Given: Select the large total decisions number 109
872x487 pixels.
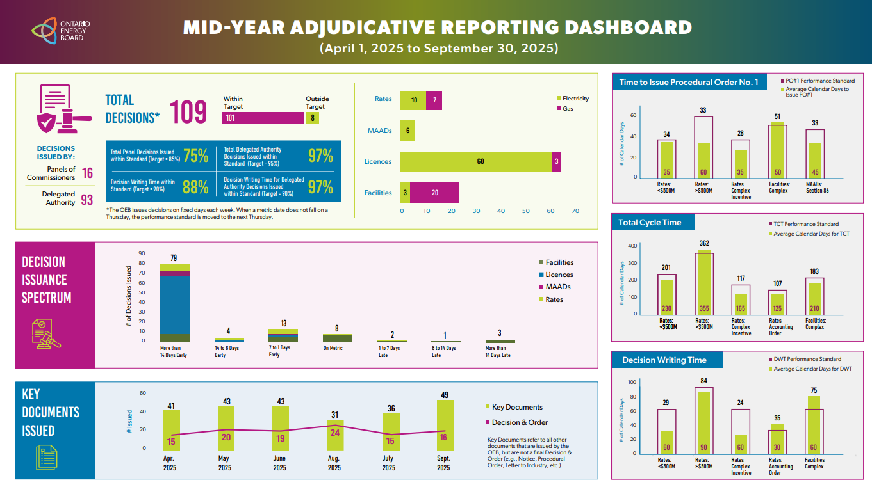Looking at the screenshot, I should pos(188,113).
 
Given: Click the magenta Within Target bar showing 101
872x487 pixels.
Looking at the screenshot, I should pos(263,118).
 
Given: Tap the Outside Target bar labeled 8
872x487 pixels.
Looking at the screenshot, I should pos(313,118).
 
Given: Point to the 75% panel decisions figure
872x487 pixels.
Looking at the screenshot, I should pos(195,156).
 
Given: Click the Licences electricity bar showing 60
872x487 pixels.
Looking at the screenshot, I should pos(476,161).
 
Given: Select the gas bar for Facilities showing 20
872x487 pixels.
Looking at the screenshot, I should pos(434,193).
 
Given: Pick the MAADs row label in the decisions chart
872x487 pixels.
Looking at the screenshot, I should pos(379,131).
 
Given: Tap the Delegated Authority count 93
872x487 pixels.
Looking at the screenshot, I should pos(86,200).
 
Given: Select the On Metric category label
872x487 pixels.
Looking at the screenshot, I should pos(333,349).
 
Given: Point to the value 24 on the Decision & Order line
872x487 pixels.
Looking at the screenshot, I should pos(334,433).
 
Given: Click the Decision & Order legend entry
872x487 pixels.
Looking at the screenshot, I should pos(520,422).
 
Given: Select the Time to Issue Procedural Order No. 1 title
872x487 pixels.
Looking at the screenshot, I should pos(689,82).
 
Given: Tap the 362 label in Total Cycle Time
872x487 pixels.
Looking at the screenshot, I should pos(704,243).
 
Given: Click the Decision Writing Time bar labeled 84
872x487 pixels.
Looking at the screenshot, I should pos(703,422).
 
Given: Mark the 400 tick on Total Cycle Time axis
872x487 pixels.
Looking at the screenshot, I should pos(632,246).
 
